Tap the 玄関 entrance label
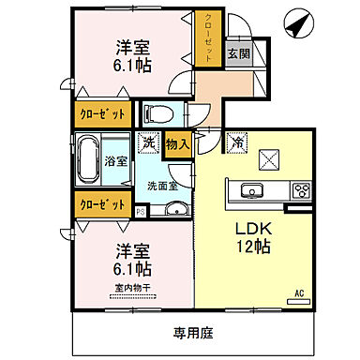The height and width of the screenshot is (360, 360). coord(238,55)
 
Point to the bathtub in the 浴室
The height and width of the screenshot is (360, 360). coord(89,159)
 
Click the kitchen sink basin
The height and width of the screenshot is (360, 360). coord(252,191)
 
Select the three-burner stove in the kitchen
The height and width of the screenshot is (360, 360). coord(302,191)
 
